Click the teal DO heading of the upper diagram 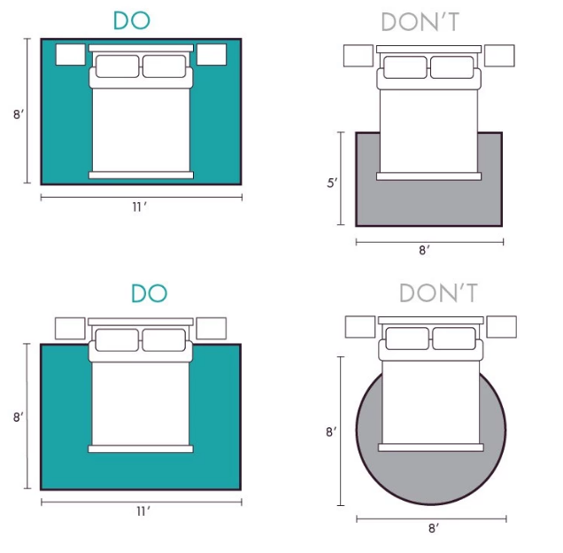point(132,20)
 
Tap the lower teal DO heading point(150,292)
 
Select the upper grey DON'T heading point(420,21)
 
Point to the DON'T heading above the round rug point(438,292)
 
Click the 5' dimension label point(332,183)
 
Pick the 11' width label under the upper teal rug point(140,207)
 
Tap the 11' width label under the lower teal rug point(143,511)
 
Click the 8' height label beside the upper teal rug point(19,114)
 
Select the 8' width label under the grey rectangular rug point(424,250)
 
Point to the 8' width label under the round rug point(434,528)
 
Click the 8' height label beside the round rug point(331,432)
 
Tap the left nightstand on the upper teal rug point(71,55)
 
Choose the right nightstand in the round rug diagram point(502,327)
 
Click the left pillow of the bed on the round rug point(407,339)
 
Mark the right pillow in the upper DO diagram point(164,66)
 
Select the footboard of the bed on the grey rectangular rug point(428,176)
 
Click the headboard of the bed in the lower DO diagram point(141,322)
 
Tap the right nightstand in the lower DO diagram point(211,328)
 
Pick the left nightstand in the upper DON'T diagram point(359,56)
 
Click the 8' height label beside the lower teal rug point(19,417)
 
